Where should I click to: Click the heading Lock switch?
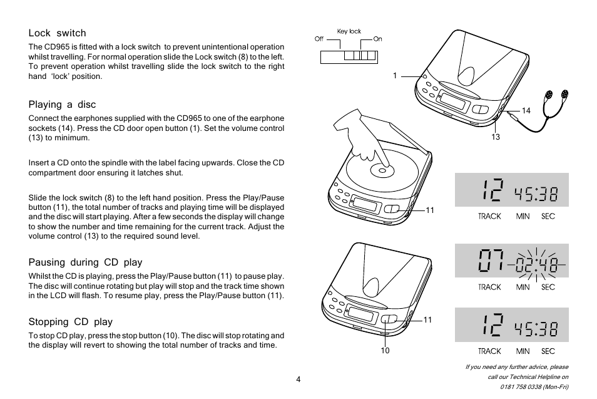pyautogui.click(x=57, y=33)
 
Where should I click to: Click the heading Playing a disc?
pyautogui.click(x=62, y=105)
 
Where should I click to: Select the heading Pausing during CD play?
pyautogui.click(x=85, y=262)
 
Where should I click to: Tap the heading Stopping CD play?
pyautogui.click(x=70, y=322)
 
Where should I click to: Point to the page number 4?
pyautogui.click(x=298, y=379)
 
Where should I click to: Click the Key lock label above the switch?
pyautogui.click(x=349, y=31)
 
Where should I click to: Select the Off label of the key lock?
pyautogui.click(x=319, y=39)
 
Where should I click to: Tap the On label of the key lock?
pyautogui.click(x=377, y=39)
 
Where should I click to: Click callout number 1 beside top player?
pyautogui.click(x=395, y=76)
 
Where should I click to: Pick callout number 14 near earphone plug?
pyautogui.click(x=526, y=111)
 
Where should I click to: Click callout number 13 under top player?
pyautogui.click(x=495, y=137)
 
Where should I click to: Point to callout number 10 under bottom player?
pyautogui.click(x=385, y=351)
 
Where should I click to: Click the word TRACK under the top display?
pyautogui.click(x=489, y=216)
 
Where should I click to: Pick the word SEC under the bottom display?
pyautogui.click(x=548, y=351)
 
